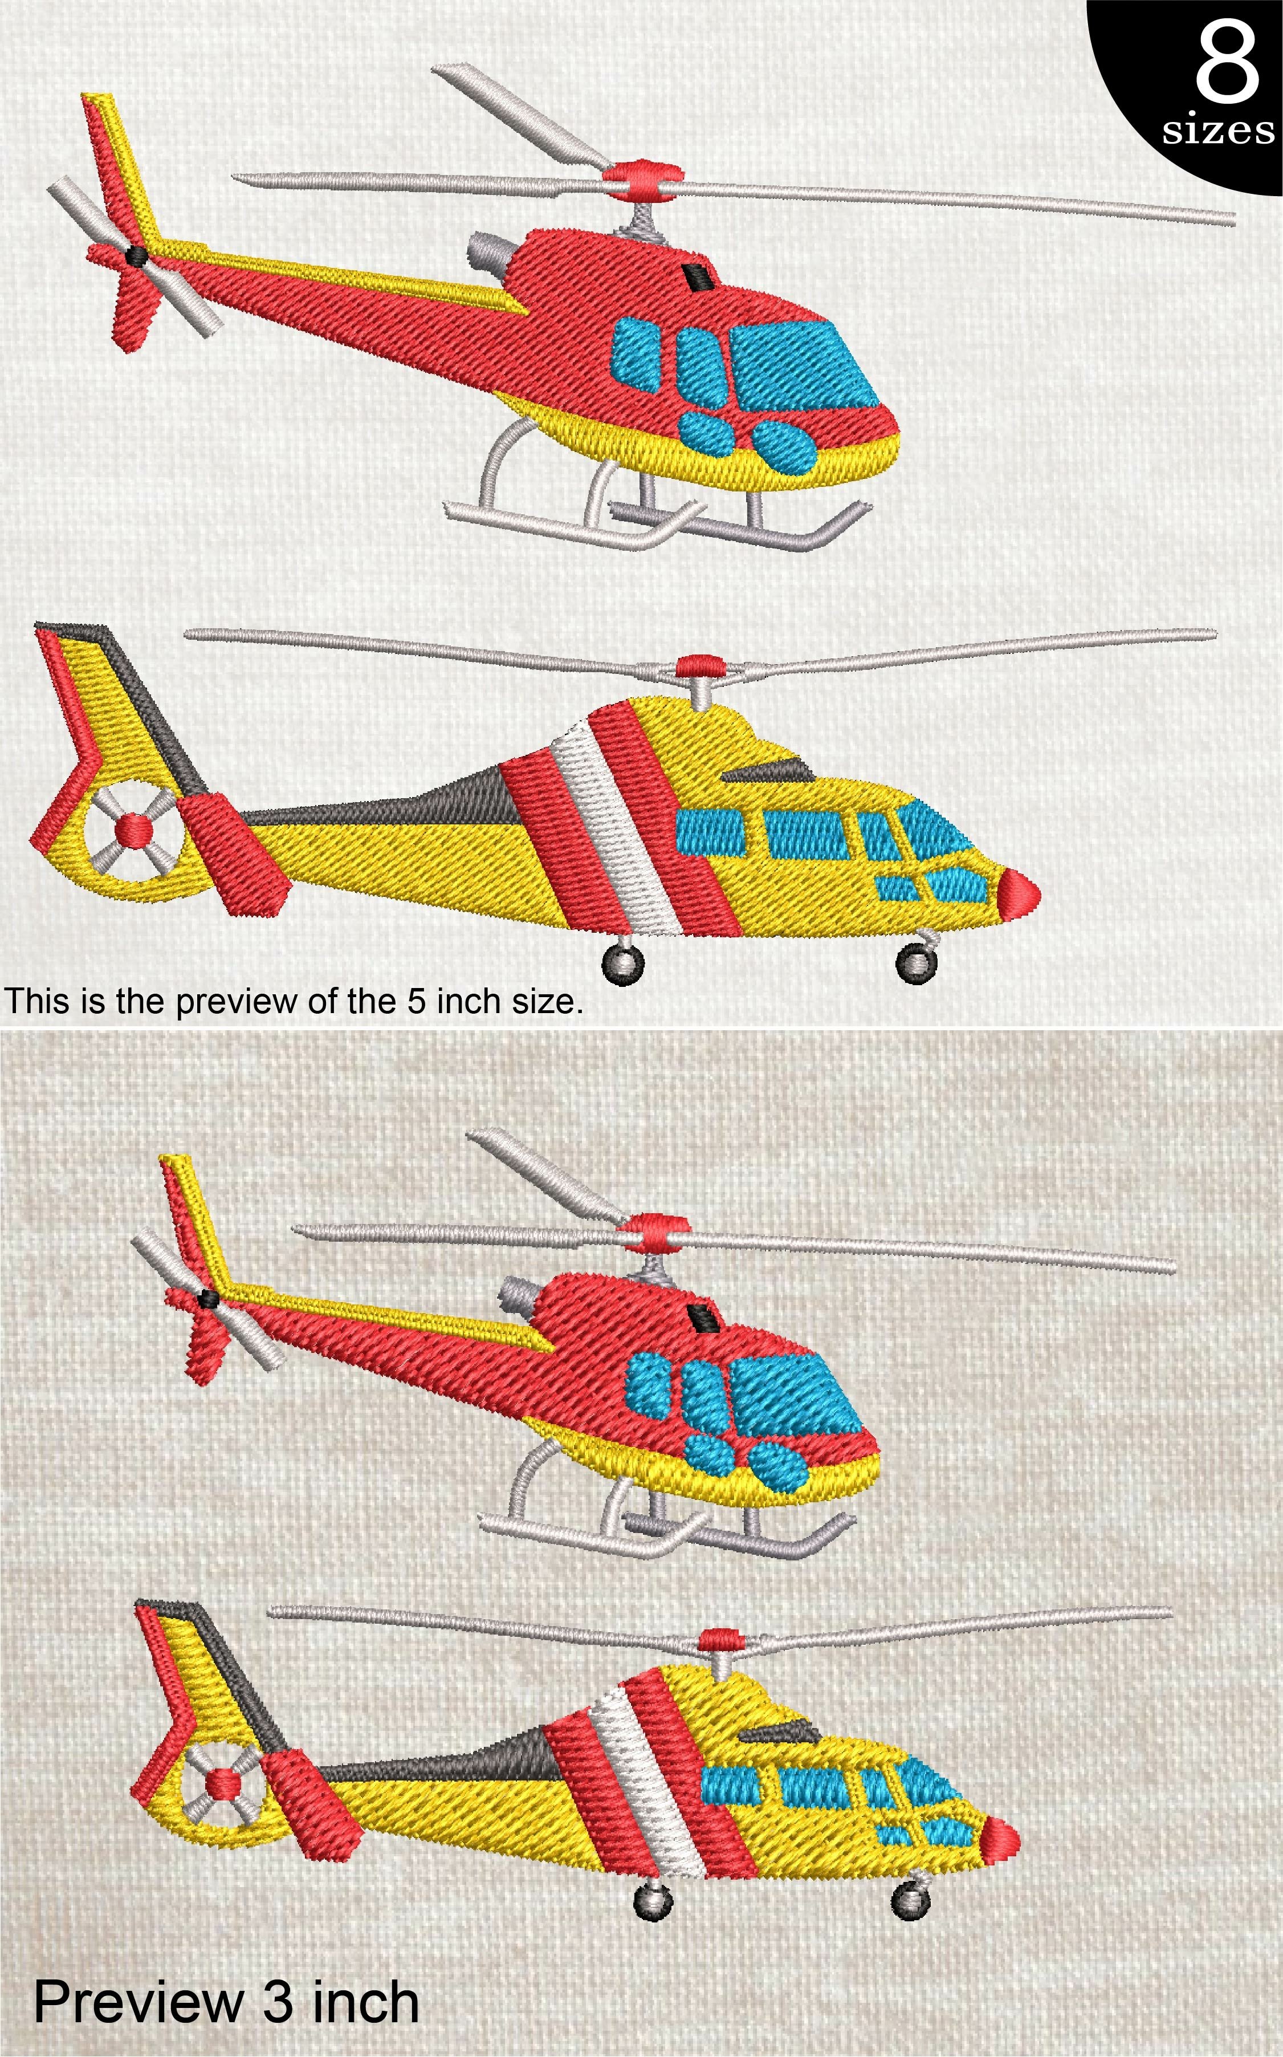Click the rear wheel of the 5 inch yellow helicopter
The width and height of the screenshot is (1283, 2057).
623,964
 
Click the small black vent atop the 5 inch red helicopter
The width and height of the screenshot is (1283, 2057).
698,276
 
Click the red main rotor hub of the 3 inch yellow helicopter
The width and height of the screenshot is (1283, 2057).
719,1638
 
